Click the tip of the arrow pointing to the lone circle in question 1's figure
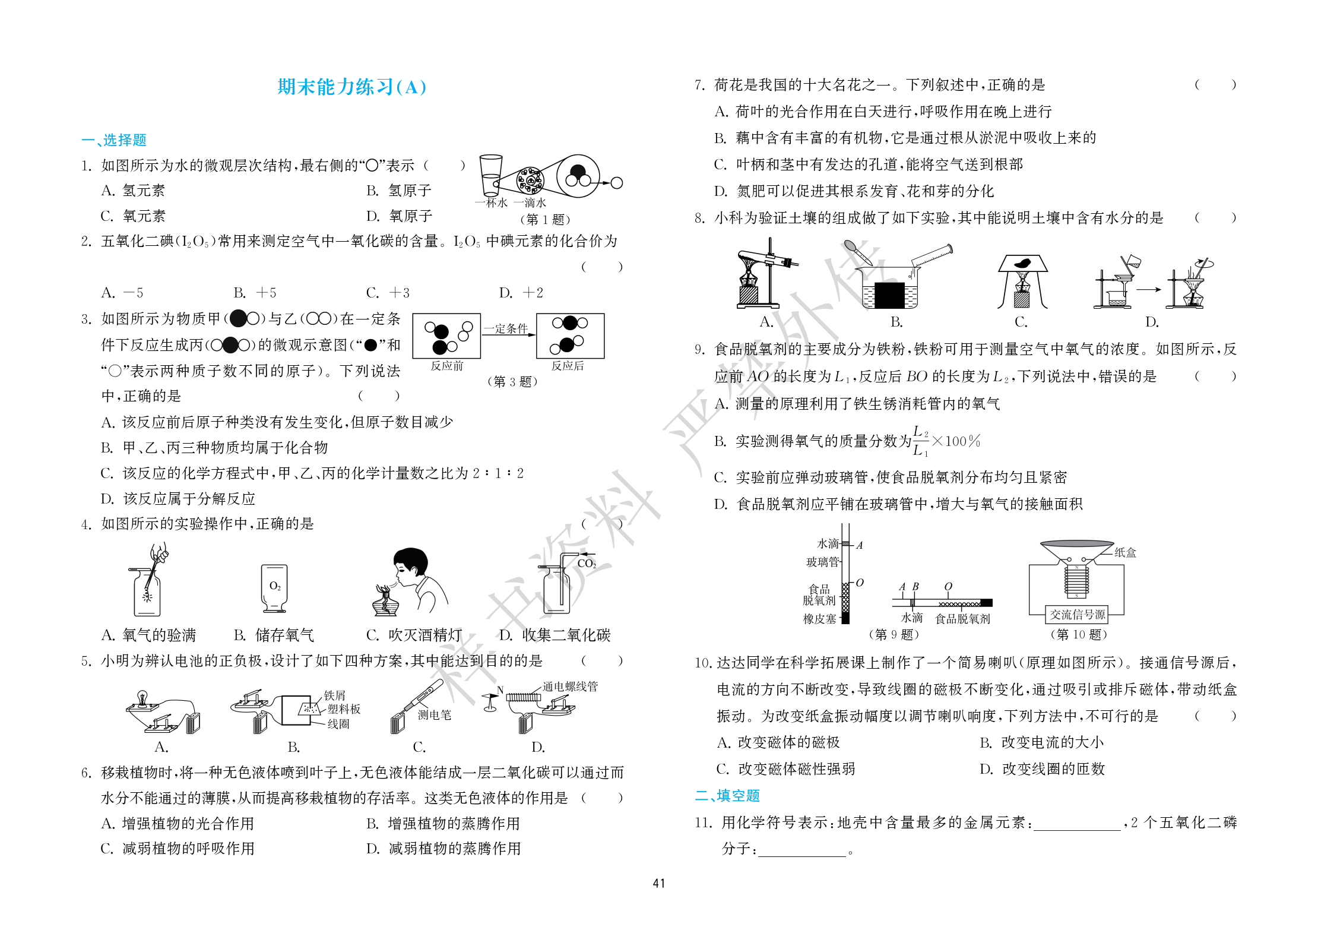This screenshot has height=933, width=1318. (x=610, y=183)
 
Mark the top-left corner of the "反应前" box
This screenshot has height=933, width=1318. (x=413, y=314)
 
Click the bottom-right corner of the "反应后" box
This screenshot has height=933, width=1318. (x=604, y=358)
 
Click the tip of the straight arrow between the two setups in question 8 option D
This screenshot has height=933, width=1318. (x=1161, y=289)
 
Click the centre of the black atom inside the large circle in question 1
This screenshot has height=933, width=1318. (x=577, y=171)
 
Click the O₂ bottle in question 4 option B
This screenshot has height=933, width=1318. (x=274, y=588)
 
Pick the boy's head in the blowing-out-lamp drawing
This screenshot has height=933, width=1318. (x=410, y=564)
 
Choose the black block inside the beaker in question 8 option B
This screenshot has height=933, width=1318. (x=889, y=295)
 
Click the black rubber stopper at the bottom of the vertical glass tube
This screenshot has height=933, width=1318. (x=846, y=618)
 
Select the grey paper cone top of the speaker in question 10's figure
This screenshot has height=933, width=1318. (x=1076, y=545)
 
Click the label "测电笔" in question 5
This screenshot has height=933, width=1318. (x=434, y=715)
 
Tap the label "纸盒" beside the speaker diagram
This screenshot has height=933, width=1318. (x=1125, y=552)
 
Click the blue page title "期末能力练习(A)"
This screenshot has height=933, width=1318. (x=351, y=87)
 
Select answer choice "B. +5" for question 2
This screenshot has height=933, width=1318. (x=255, y=293)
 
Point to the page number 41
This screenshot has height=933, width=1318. (x=659, y=884)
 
